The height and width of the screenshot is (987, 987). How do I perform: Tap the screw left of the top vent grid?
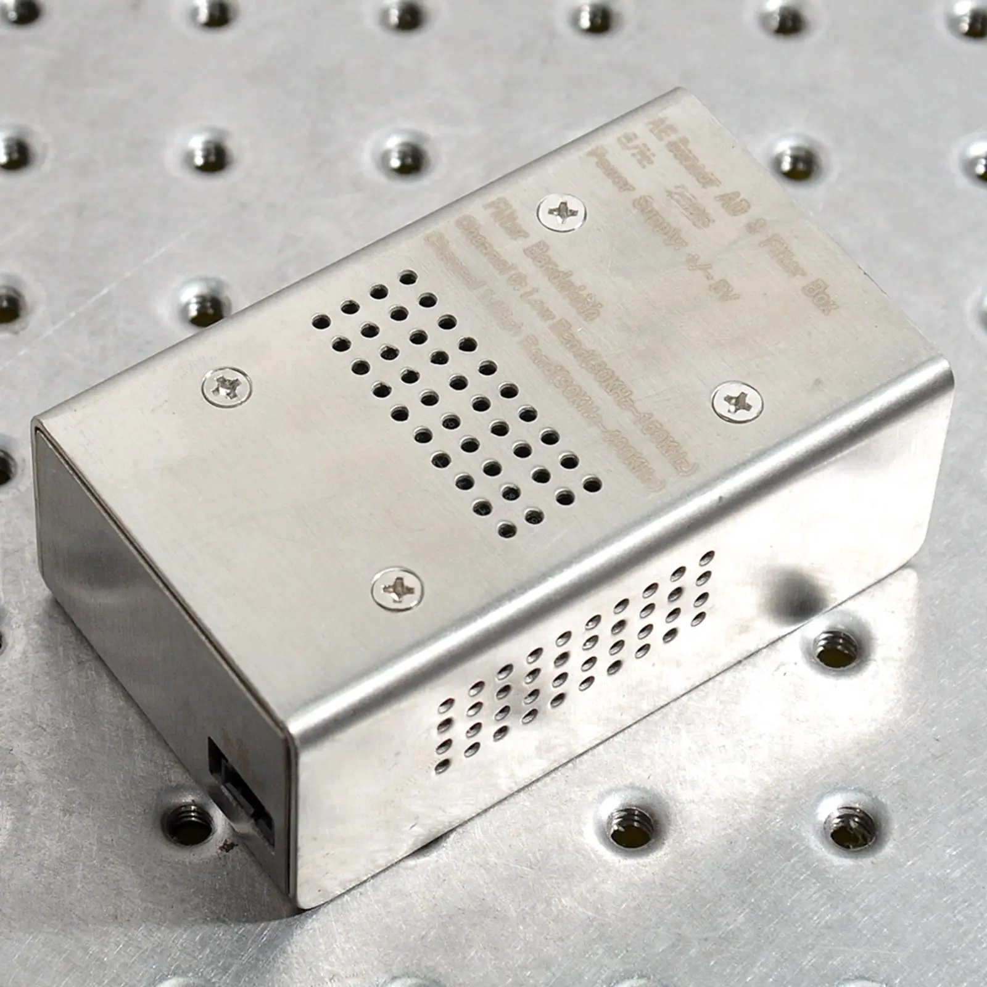(226, 387)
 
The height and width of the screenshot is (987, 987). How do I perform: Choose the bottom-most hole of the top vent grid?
(507, 528)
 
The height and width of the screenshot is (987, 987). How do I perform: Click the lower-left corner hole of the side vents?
(442, 767)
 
